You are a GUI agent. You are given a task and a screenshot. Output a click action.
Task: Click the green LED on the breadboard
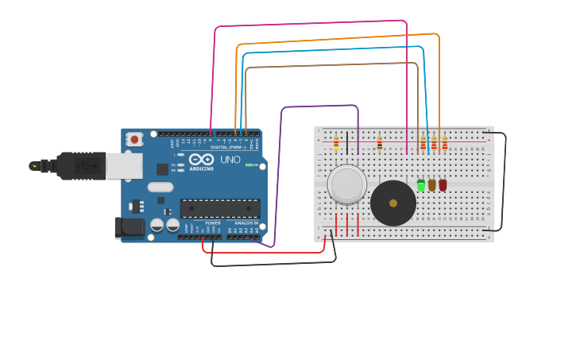(x=421, y=185)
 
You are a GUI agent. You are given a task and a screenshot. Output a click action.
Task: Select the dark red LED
(x=443, y=185)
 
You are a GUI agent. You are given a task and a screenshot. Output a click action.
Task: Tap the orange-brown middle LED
(x=432, y=185)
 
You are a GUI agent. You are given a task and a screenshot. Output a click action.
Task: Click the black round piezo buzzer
(x=392, y=203)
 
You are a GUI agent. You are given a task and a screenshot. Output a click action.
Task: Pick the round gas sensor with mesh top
(x=346, y=184)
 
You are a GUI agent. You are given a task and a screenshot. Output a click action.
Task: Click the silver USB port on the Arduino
(x=124, y=165)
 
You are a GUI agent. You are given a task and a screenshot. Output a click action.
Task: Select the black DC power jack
(x=129, y=228)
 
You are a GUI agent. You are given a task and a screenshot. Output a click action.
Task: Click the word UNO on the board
(x=230, y=160)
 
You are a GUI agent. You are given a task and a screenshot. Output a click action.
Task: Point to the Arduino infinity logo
(x=201, y=159)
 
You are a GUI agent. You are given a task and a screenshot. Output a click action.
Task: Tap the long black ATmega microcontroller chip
(x=220, y=208)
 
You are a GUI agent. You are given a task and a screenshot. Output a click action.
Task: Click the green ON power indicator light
(x=249, y=165)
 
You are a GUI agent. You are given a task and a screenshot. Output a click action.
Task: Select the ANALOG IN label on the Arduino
(x=246, y=223)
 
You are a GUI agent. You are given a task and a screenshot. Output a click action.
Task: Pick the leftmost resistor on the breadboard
(x=336, y=143)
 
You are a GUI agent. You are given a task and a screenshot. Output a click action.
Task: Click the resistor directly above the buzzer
(x=380, y=143)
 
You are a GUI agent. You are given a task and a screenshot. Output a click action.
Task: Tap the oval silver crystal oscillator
(x=160, y=188)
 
